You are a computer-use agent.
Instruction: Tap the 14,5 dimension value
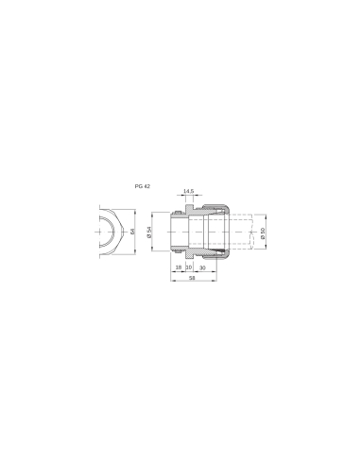[188, 192]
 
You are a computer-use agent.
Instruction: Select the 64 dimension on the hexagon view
[134, 230]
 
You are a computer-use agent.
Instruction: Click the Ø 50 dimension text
[263, 232]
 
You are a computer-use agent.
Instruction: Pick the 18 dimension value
[179, 268]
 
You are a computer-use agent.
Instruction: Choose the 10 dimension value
[189, 268]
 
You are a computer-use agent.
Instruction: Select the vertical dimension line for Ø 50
[256, 231]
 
